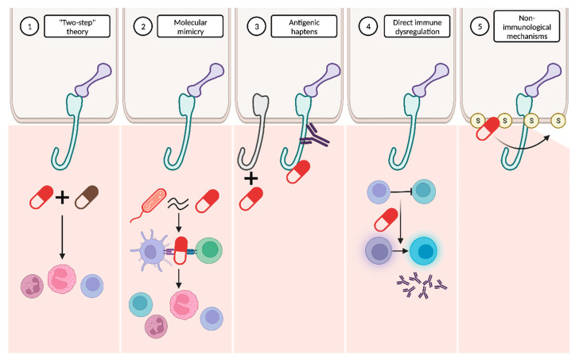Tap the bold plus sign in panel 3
click(x=251, y=180)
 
